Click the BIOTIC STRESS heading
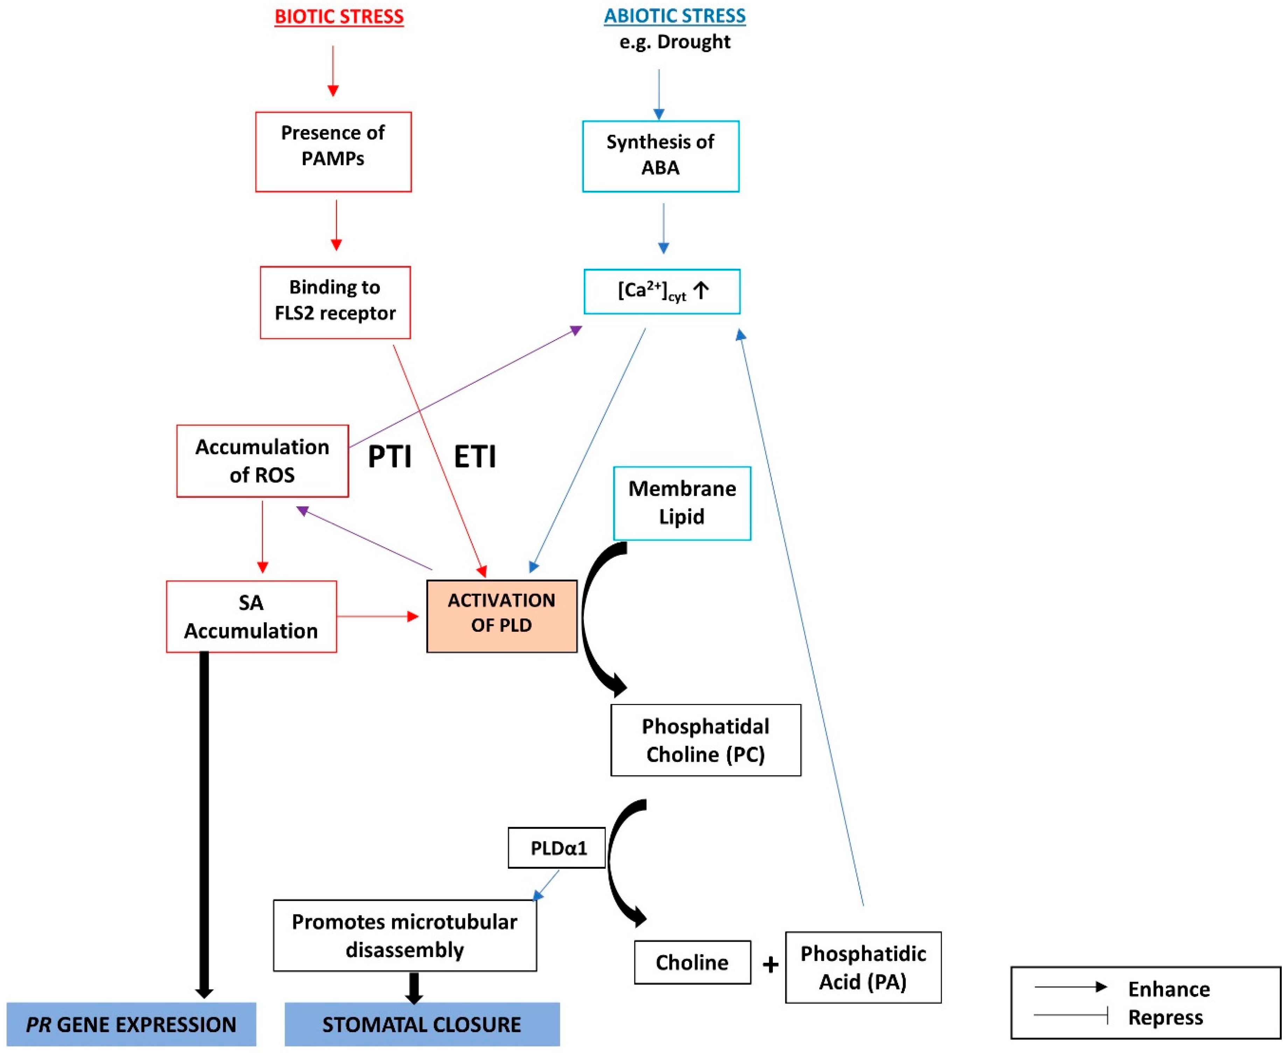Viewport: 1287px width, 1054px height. click(x=339, y=16)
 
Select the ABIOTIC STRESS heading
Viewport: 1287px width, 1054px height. click(x=674, y=16)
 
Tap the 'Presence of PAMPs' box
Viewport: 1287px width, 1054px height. click(x=333, y=152)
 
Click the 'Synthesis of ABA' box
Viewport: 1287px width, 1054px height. click(x=660, y=156)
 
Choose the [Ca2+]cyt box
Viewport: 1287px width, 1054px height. click(x=662, y=292)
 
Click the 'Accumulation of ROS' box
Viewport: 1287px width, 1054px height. click(x=262, y=461)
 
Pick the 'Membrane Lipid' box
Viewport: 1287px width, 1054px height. click(x=682, y=503)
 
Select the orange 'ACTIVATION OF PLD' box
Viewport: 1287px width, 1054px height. click(x=502, y=616)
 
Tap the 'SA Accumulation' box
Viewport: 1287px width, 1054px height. click(x=251, y=616)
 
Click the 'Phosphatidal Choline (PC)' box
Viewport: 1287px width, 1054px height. click(x=705, y=740)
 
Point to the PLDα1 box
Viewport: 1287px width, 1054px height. click(x=556, y=847)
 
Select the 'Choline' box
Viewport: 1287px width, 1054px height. click(x=692, y=962)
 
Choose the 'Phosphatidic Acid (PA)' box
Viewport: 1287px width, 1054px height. click(x=863, y=967)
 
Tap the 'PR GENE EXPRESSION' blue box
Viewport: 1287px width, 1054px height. click(x=131, y=1024)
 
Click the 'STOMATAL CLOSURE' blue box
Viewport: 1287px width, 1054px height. click(x=422, y=1024)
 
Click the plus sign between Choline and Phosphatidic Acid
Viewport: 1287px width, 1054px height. click(x=770, y=964)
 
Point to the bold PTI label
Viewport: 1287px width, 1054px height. click(x=390, y=456)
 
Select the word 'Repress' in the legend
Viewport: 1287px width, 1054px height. click(x=1165, y=1018)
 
